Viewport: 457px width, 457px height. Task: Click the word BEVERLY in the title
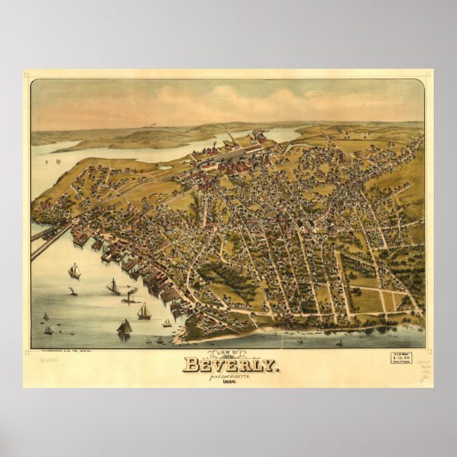(x=230, y=364)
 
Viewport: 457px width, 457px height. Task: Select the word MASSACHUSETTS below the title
(x=228, y=375)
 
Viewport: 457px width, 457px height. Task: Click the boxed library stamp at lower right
(x=399, y=359)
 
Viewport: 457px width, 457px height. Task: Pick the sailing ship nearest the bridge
(x=74, y=271)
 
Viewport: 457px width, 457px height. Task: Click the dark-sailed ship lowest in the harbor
(x=124, y=328)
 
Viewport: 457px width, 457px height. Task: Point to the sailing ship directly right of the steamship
(x=144, y=311)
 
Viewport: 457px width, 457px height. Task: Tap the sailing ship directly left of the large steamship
(x=113, y=287)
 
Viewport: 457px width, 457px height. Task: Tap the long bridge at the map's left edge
(x=48, y=242)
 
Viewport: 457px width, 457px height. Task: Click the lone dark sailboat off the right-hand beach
(x=339, y=342)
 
